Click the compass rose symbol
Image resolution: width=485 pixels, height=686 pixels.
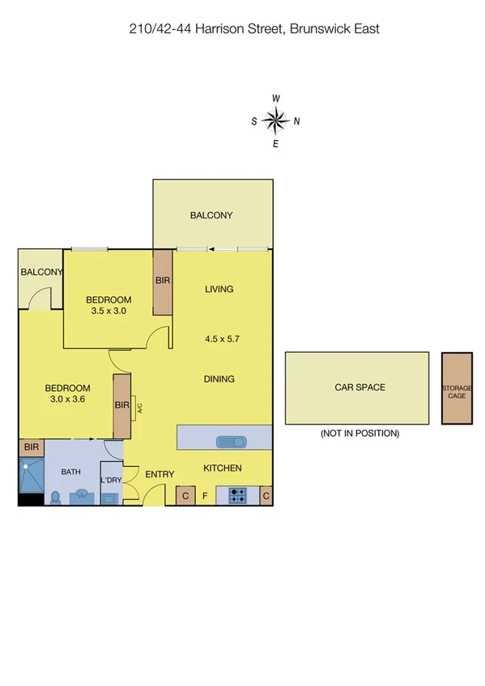[276, 121]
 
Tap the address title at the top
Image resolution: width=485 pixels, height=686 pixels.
[254, 29]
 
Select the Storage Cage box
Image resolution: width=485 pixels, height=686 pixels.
[456, 388]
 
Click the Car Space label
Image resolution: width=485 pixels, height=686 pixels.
[359, 387]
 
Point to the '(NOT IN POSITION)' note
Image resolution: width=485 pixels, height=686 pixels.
[359, 434]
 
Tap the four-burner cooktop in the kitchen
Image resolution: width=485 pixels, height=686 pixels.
[238, 495]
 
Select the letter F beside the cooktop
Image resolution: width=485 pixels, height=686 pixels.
[206, 495]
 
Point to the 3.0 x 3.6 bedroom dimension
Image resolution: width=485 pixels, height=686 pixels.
[67, 398]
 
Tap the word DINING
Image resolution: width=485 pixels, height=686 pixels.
[219, 379]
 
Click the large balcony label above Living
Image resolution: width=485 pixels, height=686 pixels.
[211, 215]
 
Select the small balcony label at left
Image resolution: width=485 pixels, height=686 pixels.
[41, 273]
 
